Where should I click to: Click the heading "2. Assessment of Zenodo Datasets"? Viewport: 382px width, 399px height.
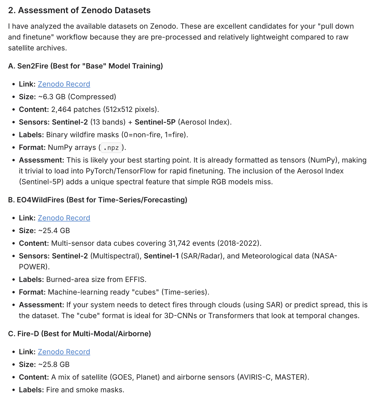79,10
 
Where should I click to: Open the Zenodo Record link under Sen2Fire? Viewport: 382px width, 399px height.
64,84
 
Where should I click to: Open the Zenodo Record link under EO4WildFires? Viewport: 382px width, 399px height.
64,218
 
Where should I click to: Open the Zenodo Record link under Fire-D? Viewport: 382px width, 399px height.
64,352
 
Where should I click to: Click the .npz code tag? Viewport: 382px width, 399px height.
111,148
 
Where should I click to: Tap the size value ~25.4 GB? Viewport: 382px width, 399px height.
54,231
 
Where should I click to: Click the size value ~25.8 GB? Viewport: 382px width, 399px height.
54,365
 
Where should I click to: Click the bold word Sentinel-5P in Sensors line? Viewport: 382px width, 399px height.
155,122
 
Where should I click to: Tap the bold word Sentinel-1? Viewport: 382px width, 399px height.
161,256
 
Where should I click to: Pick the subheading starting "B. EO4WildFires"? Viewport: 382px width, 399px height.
97,200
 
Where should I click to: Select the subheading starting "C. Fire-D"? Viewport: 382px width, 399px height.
79,334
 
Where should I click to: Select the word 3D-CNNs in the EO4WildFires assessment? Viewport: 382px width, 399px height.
180,316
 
